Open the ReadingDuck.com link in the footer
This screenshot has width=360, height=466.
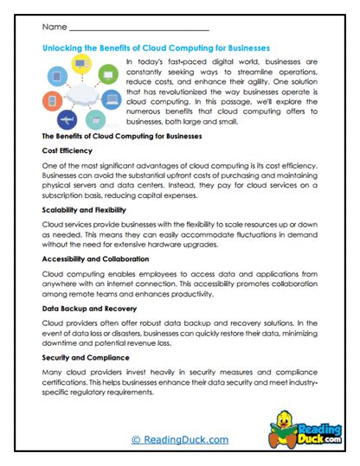180,440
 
